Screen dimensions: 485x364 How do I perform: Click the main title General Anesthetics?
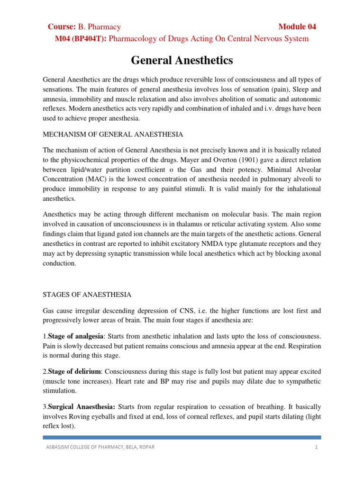[182, 61]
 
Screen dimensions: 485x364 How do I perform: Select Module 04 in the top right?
[297, 27]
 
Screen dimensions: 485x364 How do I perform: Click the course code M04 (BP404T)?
[81, 38]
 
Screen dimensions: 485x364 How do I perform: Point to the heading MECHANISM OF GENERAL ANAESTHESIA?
[113, 135]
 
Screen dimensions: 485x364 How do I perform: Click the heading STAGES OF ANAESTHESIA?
[87, 295]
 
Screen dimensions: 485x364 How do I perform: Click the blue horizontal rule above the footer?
[182, 437]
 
